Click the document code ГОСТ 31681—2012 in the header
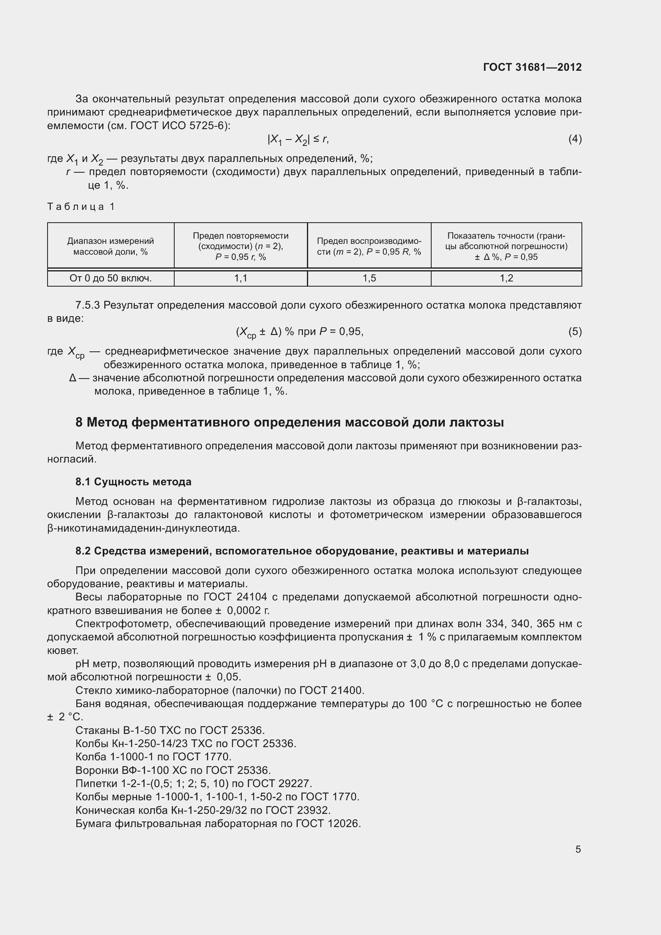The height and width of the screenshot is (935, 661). pos(532,67)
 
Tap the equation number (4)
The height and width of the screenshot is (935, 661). pos(575,139)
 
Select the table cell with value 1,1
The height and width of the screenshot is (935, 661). pos(241,278)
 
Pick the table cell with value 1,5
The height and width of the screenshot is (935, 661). pos(369,278)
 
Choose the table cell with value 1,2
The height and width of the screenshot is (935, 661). pos(506,278)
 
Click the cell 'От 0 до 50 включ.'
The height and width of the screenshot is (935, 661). pos(110,278)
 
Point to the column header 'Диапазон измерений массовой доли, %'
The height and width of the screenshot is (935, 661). pos(110,246)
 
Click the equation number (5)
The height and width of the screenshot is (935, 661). pos(575,331)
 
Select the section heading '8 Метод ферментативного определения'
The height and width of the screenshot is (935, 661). pos(289,422)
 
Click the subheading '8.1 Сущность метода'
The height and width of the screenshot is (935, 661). pos(133,482)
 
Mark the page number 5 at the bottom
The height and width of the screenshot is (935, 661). pos(578,849)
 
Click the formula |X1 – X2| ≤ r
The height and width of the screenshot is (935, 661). pos(298,140)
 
